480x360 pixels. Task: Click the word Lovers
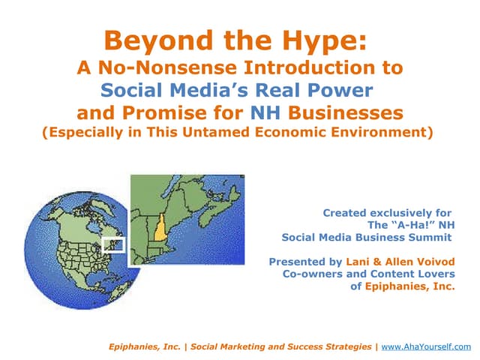tap(436, 274)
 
